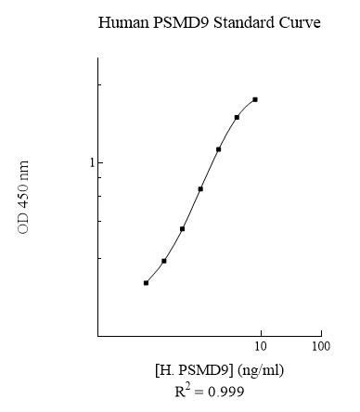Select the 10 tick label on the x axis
pos(261,347)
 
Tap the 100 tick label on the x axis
pos(320,347)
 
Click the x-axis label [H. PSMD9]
pos(194,370)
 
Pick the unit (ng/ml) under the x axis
pos(261,370)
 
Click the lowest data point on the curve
pos(147,282)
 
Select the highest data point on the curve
pos(254,99)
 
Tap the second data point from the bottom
pos(164,261)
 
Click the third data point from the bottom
pos(182,228)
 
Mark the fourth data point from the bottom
pos(200,188)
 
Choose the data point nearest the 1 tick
pos(218,148)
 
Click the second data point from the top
pos(237,117)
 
